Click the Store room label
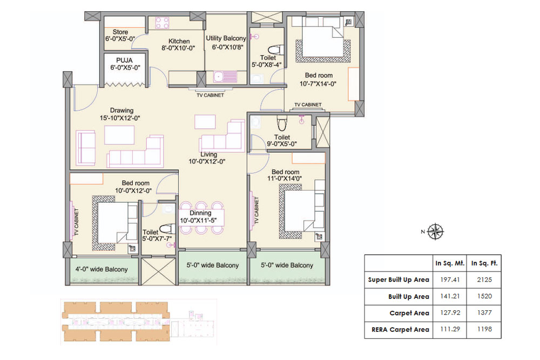click(x=120, y=32)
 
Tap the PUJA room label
click(x=122, y=60)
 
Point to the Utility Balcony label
click(x=226, y=38)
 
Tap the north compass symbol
click(x=435, y=232)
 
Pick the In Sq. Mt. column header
click(x=449, y=263)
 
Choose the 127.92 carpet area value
click(x=449, y=313)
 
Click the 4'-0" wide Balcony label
click(x=102, y=269)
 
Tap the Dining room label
click(x=200, y=213)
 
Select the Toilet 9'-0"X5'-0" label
click(x=282, y=138)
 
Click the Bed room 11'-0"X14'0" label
click(x=286, y=172)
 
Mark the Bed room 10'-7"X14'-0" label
click(x=319, y=76)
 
